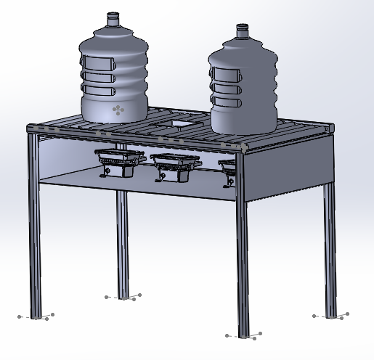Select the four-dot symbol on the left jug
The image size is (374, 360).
(118, 110)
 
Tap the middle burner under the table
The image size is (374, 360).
(174, 163)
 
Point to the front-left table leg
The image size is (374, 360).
(33, 225)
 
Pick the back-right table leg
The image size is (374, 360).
(330, 247)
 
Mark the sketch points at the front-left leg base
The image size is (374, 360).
(37, 316)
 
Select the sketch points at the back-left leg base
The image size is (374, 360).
(123, 297)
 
